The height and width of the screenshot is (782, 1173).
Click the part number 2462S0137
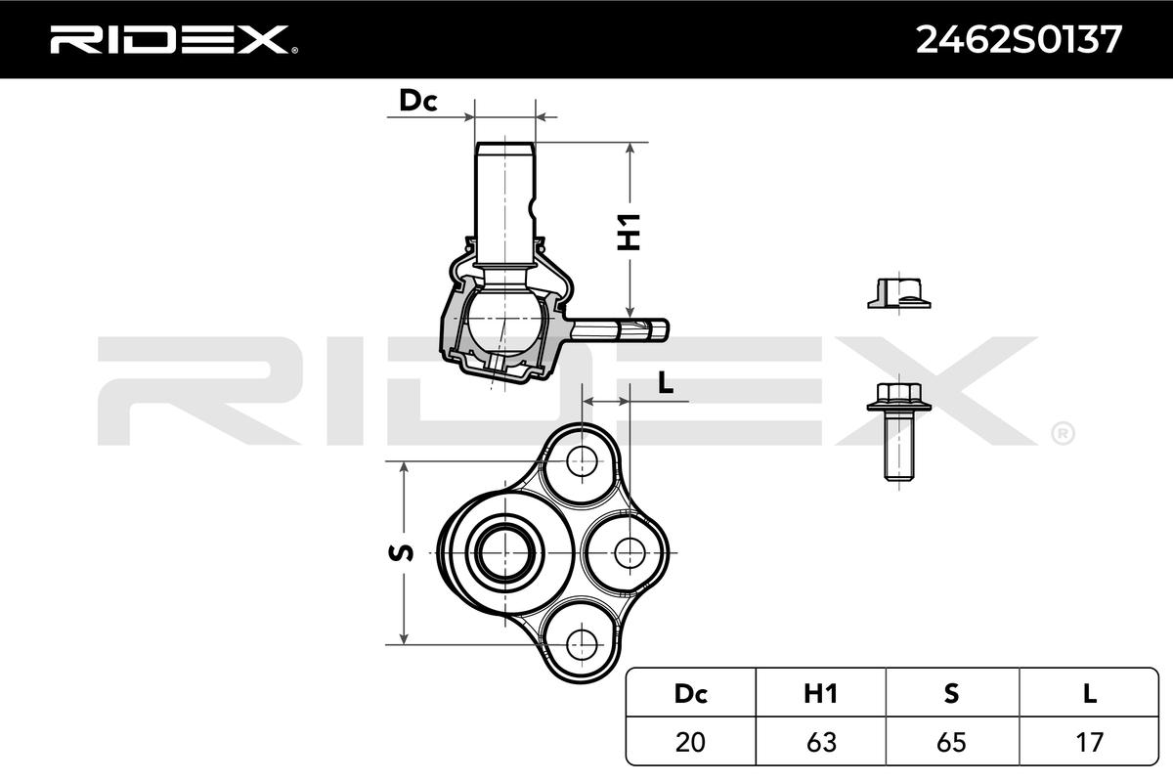pos(1017,39)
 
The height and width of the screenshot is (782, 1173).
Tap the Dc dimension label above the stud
pos(416,100)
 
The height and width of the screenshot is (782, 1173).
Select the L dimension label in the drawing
pos(666,384)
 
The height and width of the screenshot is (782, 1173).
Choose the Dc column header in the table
pos(691,694)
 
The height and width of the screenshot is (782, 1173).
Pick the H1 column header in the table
pos(821,694)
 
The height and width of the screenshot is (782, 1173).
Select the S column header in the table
pos(952,694)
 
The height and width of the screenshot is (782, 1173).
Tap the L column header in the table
pos(1089,694)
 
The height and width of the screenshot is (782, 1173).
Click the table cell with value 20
pos(691,742)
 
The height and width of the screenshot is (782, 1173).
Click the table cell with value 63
pos(821,742)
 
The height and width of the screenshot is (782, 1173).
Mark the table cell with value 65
pos(952,742)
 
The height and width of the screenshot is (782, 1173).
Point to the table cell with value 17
pos(1089,742)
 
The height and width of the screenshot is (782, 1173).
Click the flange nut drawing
pos(898,293)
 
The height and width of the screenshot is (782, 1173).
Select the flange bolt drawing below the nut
pos(898,430)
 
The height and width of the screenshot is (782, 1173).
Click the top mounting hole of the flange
pos(582,458)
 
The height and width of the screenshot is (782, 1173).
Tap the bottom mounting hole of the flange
pos(582,642)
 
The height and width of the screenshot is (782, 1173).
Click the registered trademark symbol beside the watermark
pos(1062,431)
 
